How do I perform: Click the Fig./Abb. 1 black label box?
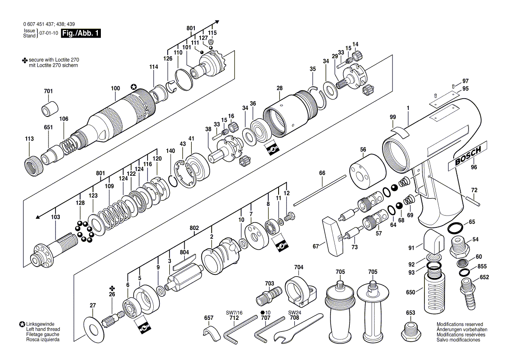81,33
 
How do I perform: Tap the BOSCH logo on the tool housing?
468,156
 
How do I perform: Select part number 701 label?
48,91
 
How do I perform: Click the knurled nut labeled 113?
34,162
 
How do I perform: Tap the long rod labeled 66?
320,190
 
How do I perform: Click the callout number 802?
194,228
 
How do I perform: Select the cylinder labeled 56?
368,171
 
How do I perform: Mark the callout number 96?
474,167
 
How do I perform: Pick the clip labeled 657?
212,334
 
